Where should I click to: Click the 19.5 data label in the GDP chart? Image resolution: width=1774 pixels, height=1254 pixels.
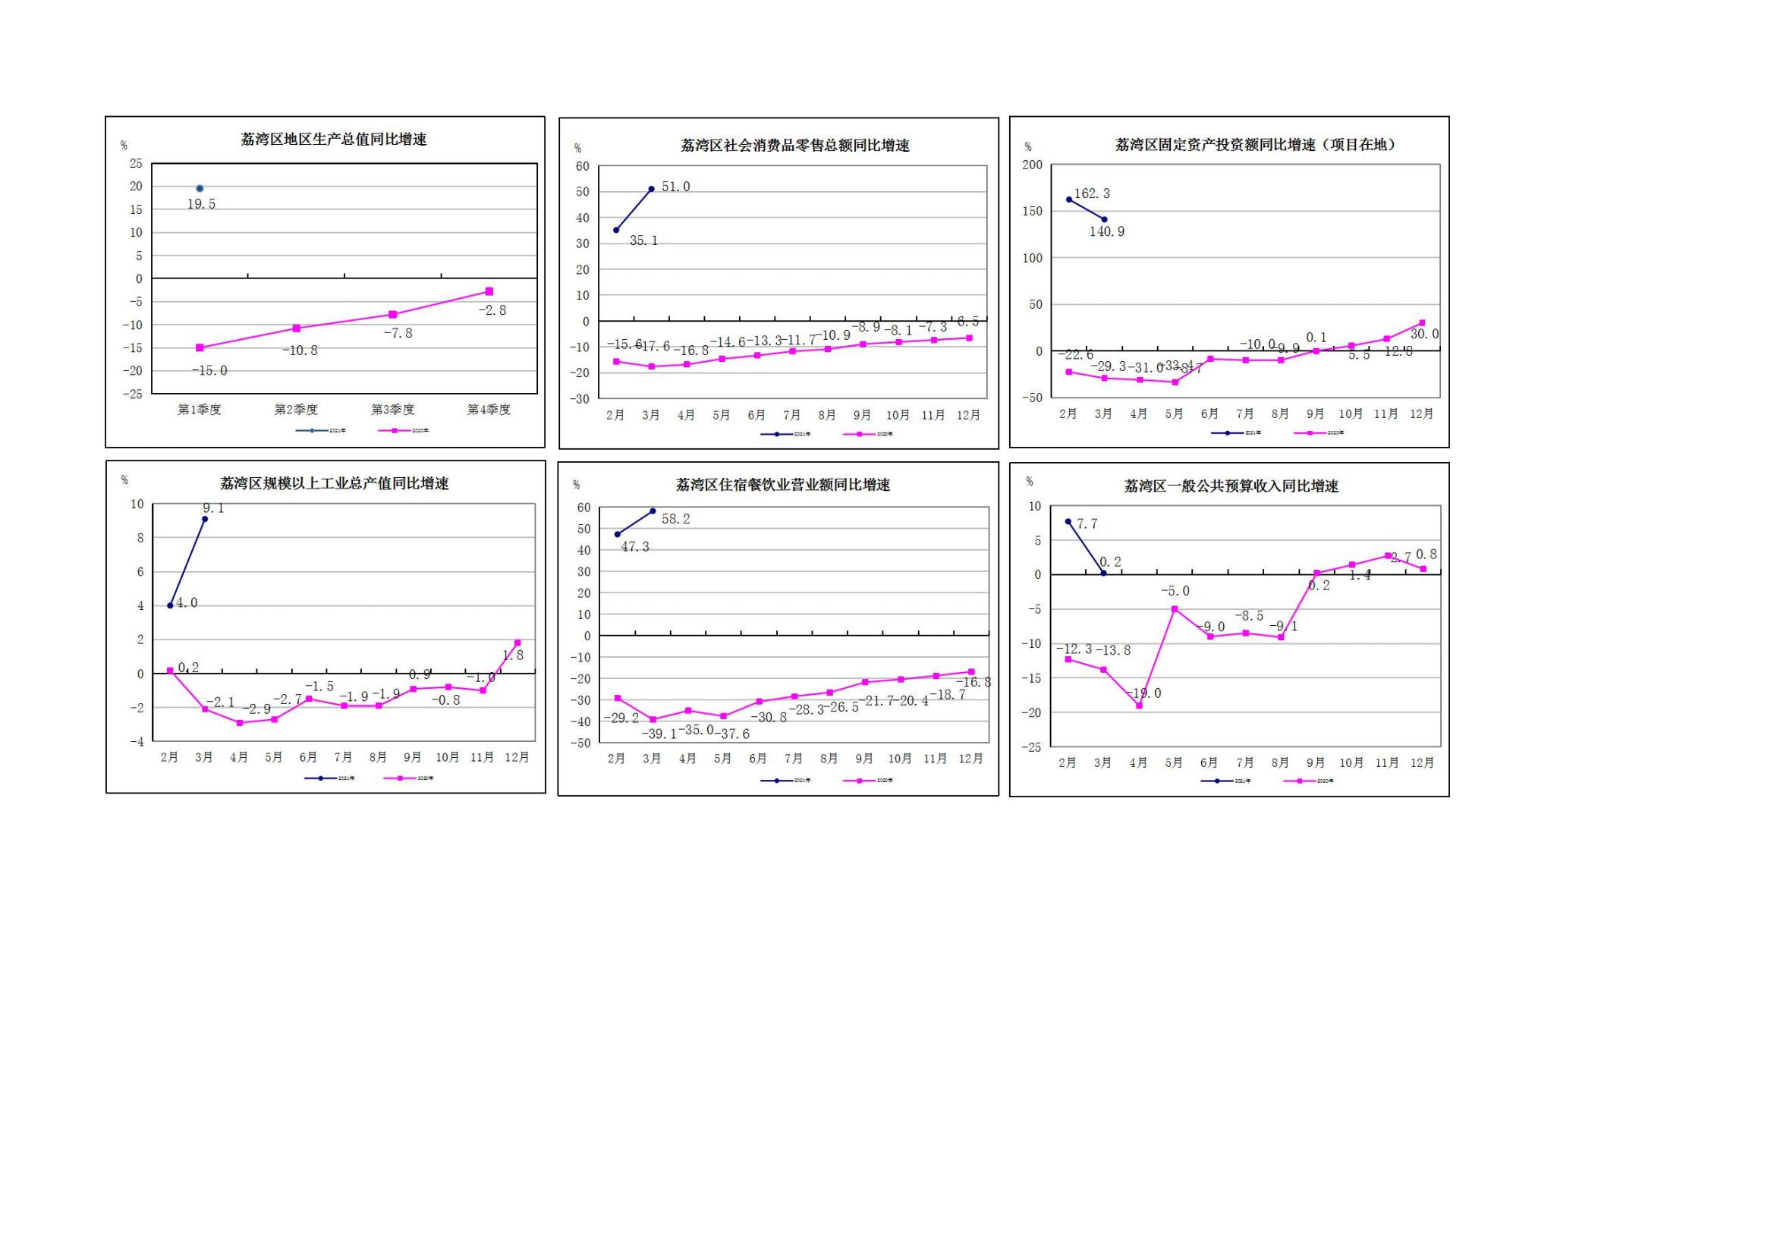[x=201, y=204]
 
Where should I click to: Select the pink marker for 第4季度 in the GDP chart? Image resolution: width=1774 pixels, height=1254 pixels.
[x=489, y=291]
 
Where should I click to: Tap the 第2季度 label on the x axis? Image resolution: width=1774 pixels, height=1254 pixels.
[x=296, y=410]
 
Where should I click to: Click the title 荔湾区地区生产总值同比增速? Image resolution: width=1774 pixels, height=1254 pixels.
[x=334, y=140]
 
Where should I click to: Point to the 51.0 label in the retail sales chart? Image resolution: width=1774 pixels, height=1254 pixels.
[x=675, y=187]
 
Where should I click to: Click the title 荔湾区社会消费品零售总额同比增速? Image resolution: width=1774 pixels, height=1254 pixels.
[x=794, y=145]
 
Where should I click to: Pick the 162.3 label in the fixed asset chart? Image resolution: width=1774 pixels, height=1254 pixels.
[x=1092, y=193]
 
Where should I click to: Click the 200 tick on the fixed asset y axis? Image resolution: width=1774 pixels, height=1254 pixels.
[x=1032, y=165]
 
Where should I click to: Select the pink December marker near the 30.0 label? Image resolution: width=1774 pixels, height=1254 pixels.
[x=1422, y=323]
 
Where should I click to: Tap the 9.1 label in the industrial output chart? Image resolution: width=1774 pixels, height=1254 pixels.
[x=213, y=508]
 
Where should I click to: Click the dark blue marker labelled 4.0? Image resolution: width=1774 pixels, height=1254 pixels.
[x=170, y=605]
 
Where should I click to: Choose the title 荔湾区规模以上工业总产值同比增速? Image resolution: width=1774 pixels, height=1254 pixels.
[x=334, y=484]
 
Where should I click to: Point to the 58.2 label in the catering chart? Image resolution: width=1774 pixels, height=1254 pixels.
[x=675, y=519]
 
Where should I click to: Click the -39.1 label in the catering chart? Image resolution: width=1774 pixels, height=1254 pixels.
[x=659, y=734]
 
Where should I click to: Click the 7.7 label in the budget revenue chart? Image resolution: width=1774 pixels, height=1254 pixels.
[x=1087, y=524]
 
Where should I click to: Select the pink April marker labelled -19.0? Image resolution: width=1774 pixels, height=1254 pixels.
[x=1139, y=706]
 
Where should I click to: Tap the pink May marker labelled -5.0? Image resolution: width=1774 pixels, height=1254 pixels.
[x=1175, y=609]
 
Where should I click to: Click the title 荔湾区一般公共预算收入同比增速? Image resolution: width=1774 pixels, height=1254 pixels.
[x=1231, y=486]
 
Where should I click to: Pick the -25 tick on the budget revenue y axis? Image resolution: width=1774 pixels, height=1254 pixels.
[x=1030, y=747]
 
